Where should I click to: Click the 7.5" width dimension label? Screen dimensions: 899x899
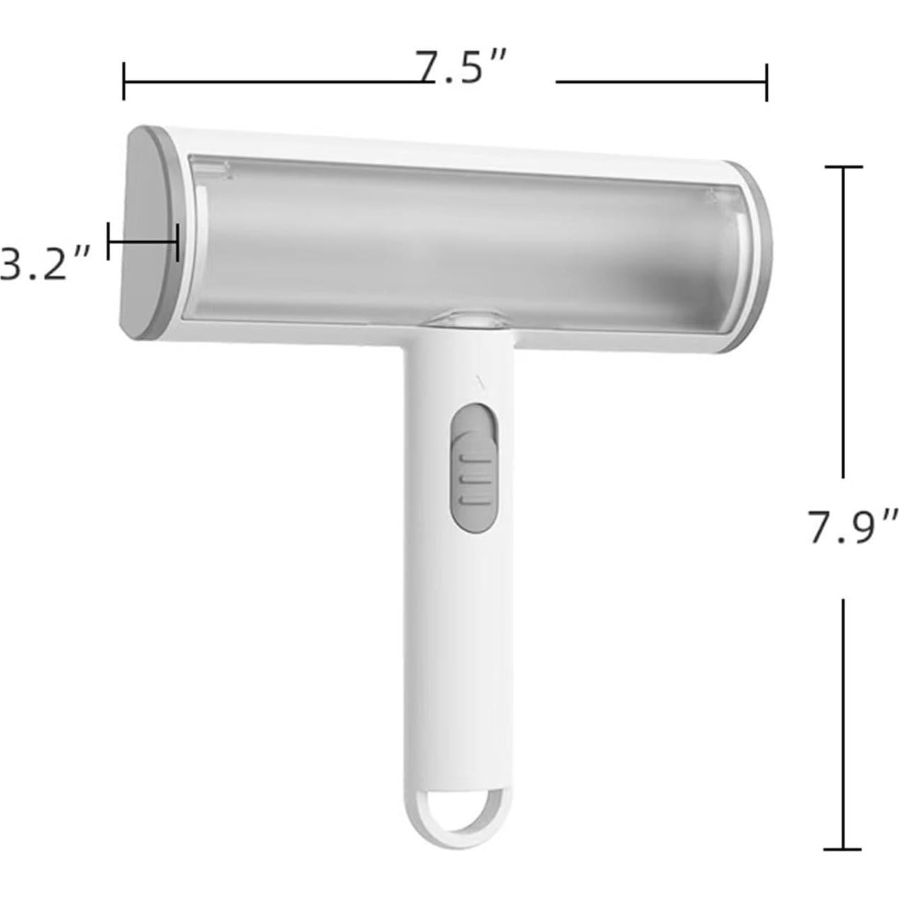coord(460,67)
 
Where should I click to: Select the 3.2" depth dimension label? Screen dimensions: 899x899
coord(45,263)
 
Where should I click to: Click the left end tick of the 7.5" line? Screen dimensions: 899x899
coord(123,81)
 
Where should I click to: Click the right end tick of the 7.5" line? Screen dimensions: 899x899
coord(766,82)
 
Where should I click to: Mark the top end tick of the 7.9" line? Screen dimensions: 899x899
coord(843,167)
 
